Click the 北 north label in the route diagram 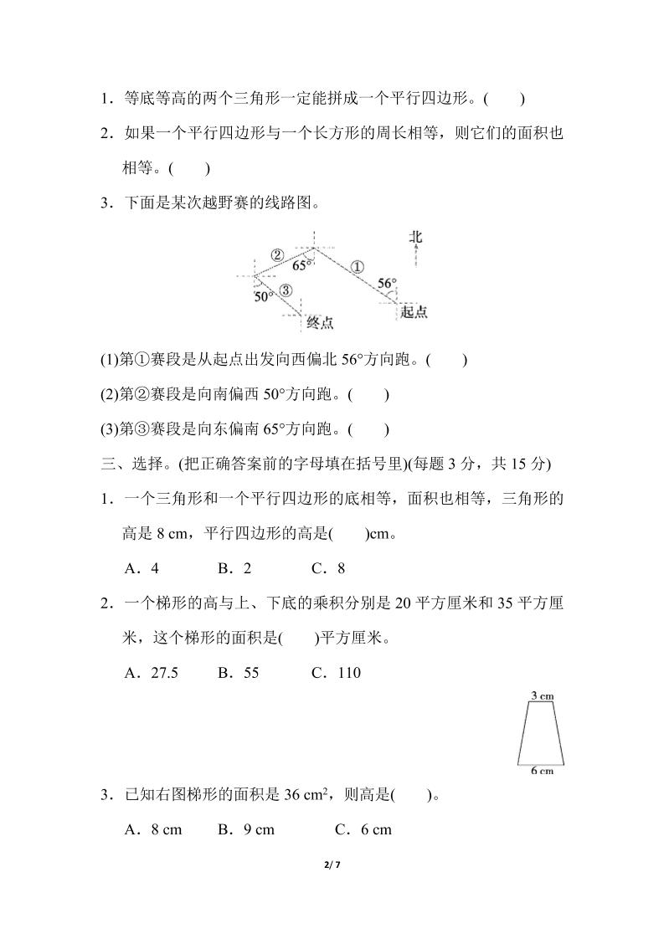point(416,237)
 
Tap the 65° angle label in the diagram point(302,265)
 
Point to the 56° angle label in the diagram point(386,284)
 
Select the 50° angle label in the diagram point(264,296)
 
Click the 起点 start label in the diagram point(414,311)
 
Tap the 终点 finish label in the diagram point(321,322)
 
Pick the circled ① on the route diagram point(356,267)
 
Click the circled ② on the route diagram point(277,254)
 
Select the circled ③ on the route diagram point(286,290)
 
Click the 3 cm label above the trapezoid point(542,695)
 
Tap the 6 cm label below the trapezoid point(542,771)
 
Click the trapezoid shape point(541,733)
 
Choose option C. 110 point(336,672)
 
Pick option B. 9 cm point(246,829)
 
